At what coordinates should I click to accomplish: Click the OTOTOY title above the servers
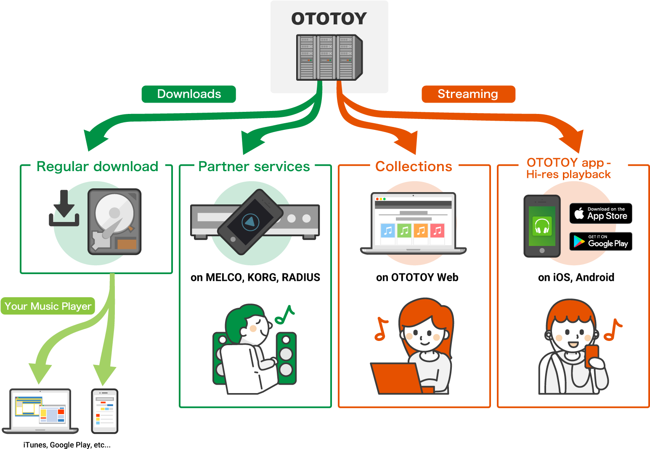click(x=329, y=19)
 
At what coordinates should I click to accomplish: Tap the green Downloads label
click(x=189, y=94)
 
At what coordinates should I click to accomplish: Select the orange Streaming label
click(x=468, y=94)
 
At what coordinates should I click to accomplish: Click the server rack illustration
click(x=329, y=58)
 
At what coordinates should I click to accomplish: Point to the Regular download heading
click(x=97, y=166)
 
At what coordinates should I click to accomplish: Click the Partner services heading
click(x=254, y=166)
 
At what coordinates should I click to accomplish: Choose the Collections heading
click(x=414, y=166)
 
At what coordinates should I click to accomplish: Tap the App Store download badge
click(x=601, y=214)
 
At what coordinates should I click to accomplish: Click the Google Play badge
click(x=601, y=241)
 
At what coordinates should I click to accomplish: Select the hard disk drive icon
click(x=114, y=222)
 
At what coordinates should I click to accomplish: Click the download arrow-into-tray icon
click(x=64, y=209)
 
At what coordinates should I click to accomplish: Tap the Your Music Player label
click(x=48, y=306)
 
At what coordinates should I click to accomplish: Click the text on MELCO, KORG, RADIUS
click(x=255, y=277)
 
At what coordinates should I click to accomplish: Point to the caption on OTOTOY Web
click(x=417, y=277)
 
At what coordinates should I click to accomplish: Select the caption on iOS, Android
click(x=576, y=277)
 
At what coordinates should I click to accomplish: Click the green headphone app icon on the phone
click(x=542, y=226)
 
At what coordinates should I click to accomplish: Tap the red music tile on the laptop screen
click(x=437, y=230)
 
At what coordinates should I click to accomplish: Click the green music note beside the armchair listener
click(x=285, y=315)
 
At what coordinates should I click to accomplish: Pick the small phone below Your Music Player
click(x=105, y=411)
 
